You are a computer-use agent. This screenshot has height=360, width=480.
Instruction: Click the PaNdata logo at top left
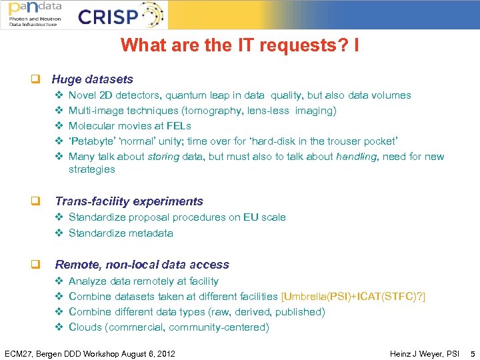[x=34, y=14]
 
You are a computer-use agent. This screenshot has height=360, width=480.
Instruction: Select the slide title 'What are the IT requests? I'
[x=240, y=46]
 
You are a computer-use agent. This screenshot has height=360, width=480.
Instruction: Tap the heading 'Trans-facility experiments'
[x=129, y=201]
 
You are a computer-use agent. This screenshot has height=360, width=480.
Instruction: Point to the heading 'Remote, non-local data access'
[x=141, y=265]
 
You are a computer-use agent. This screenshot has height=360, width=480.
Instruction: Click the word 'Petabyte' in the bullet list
[x=92, y=141]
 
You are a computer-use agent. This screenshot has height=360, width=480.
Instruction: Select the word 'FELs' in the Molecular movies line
[x=180, y=126]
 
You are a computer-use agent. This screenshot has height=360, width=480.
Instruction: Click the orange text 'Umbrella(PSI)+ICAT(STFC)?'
[x=354, y=297]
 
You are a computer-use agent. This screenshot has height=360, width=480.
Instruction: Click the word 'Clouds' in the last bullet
[x=85, y=327]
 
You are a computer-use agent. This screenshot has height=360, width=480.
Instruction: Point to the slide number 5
[x=472, y=353]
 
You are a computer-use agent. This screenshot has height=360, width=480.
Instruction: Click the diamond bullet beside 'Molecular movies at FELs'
[x=58, y=126]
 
